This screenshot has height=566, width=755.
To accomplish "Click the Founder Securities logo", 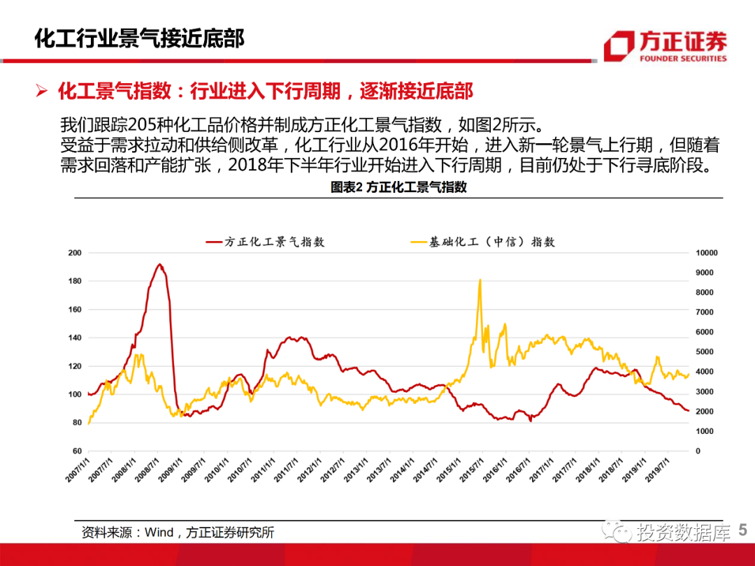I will coord(665,46).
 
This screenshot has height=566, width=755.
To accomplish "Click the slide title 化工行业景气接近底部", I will coord(140,38).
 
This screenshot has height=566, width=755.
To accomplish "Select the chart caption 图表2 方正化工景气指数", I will coord(398,187).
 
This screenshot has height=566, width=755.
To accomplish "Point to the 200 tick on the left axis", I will coord(74,252).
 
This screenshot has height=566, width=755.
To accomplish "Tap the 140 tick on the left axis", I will coord(74,338).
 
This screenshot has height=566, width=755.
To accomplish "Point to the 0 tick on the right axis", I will coord(698,451).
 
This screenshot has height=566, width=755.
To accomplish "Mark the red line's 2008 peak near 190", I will coord(159,264).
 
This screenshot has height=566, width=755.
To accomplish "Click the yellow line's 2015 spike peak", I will coord(480,280).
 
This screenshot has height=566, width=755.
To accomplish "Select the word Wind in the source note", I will coord(159,532).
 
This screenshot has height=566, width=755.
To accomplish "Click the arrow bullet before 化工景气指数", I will coord(41,91).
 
